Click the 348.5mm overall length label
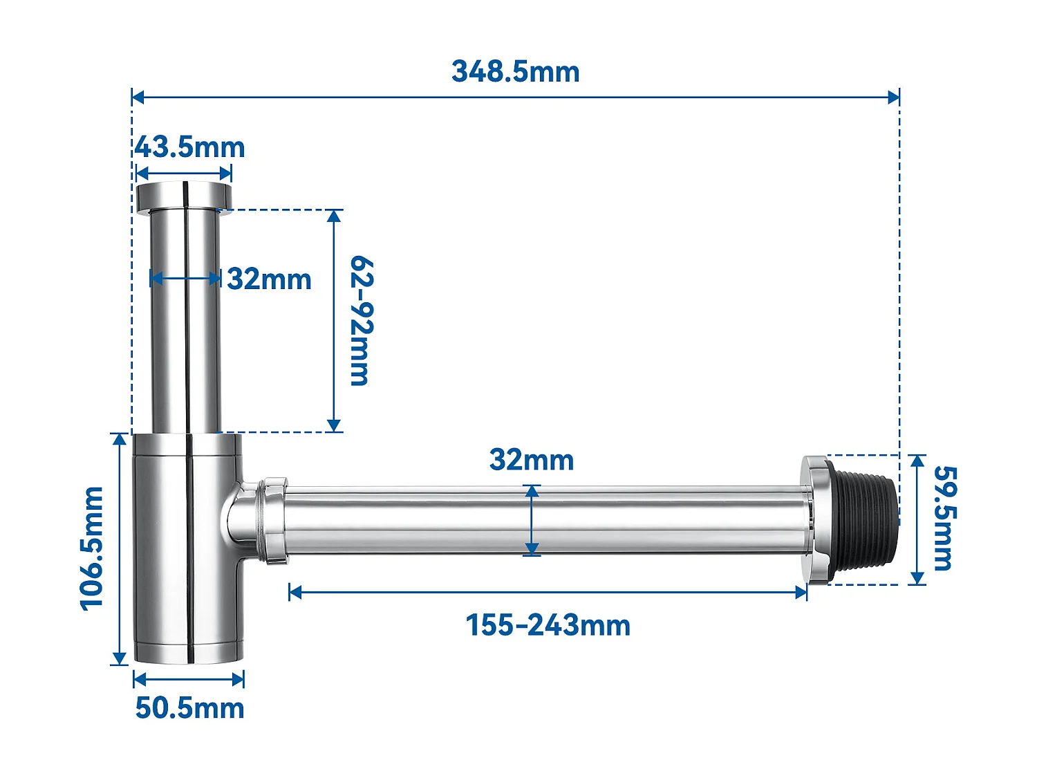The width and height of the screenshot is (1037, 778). click(515, 72)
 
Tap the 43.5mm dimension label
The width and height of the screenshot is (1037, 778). click(189, 147)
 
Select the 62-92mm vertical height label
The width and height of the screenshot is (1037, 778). click(361, 320)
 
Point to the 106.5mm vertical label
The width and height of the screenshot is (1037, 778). click(92, 548)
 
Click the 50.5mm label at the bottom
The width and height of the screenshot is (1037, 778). click(189, 708)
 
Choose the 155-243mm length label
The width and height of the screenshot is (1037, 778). click(548, 625)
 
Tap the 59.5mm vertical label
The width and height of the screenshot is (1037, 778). click(944, 518)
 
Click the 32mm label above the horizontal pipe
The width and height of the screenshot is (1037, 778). click(531, 460)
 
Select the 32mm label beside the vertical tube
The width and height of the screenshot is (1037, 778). click(269, 279)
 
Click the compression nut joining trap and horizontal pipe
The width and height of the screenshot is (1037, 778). click(272, 520)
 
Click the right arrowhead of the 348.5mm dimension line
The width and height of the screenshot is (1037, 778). click(895, 97)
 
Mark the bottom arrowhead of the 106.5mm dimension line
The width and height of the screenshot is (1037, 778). click(120, 658)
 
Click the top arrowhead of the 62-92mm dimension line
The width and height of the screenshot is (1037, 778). click(334, 216)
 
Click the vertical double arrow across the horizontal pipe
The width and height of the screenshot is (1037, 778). click(532, 520)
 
